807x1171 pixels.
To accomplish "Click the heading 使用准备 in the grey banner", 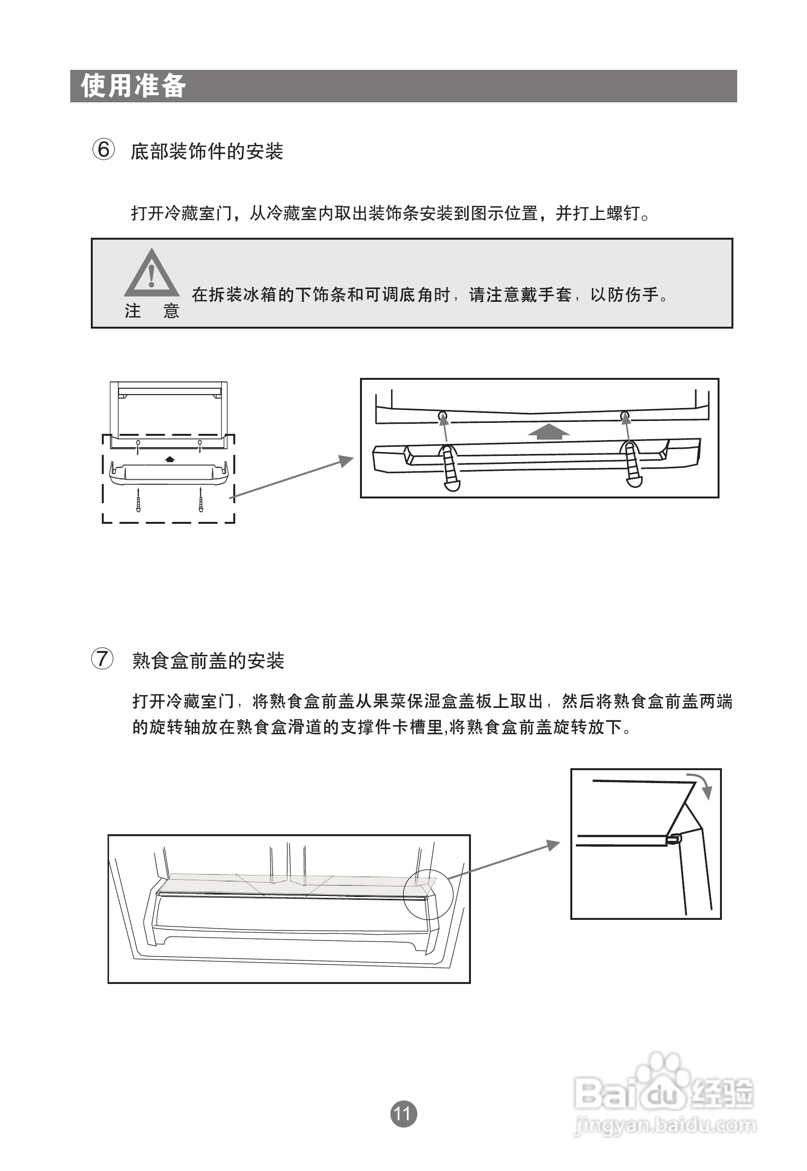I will pyautogui.click(x=133, y=86).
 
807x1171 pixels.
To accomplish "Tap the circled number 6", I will pyautogui.click(x=103, y=150).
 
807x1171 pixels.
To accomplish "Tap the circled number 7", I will pyautogui.click(x=102, y=659).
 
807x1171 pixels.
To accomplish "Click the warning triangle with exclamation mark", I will pyautogui.click(x=151, y=275).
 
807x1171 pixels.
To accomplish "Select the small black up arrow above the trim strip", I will pyautogui.click(x=170, y=459).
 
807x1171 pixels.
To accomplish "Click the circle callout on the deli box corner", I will pyautogui.click(x=428, y=895).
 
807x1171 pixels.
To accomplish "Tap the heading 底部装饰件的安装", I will pyautogui.click(x=207, y=151).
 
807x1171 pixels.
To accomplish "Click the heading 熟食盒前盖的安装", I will pyautogui.click(x=208, y=661).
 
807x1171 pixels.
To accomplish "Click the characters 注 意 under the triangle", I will pyautogui.click(x=152, y=310).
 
